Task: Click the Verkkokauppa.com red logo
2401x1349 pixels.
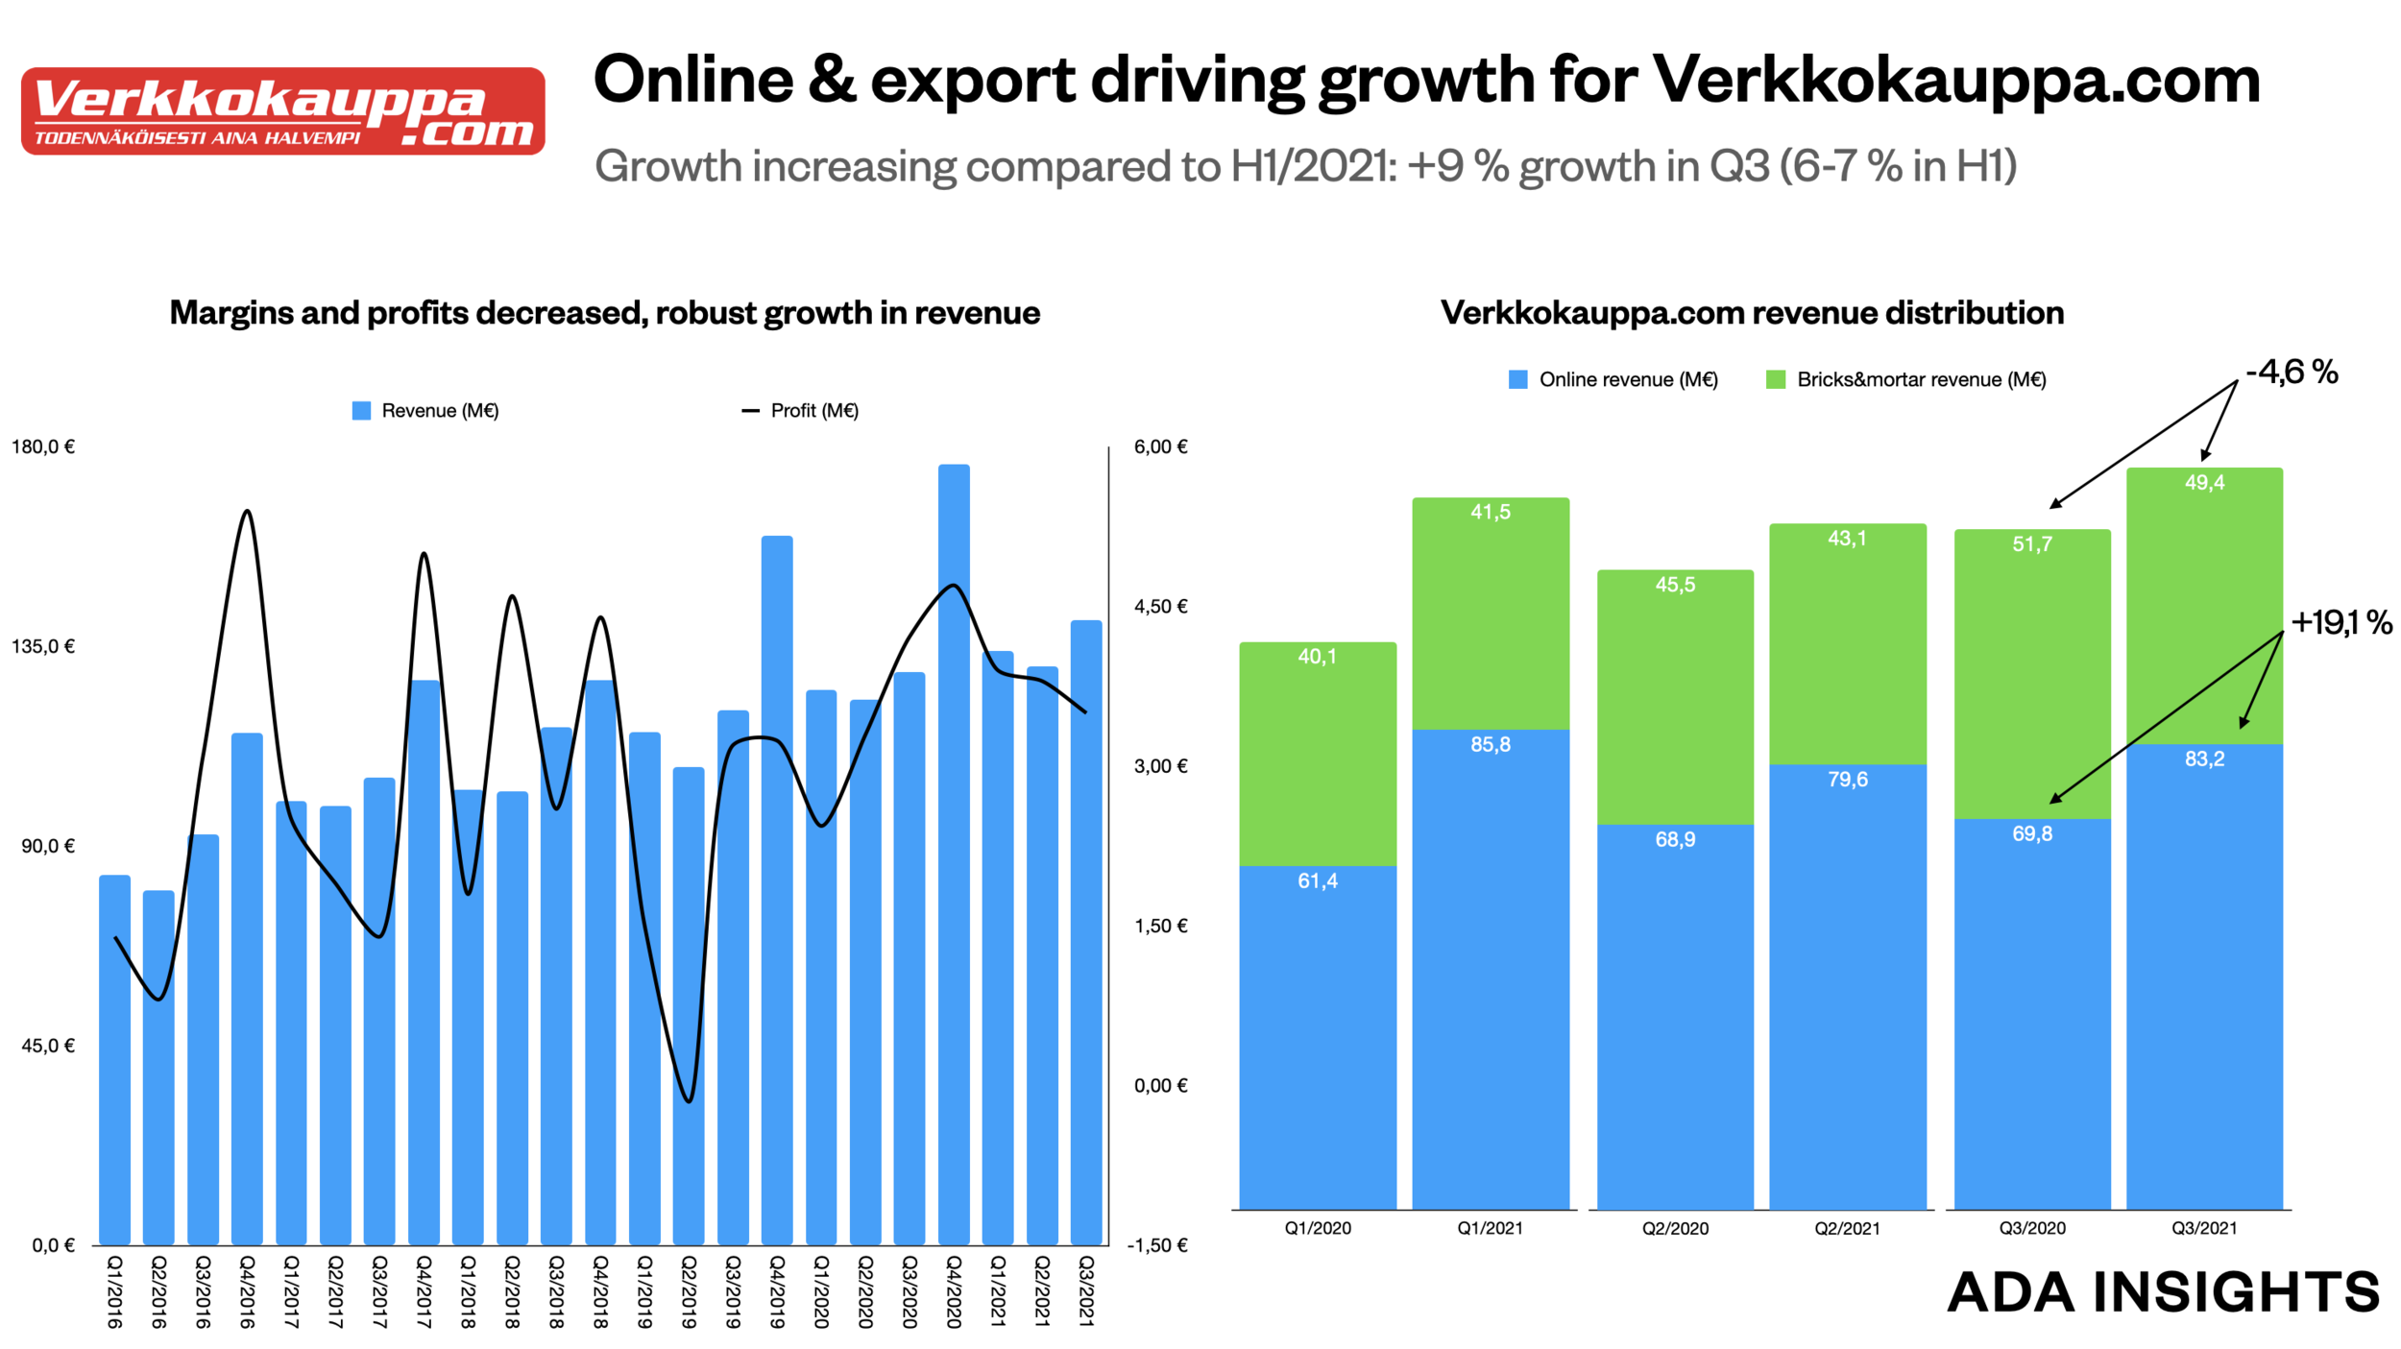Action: [x=282, y=110]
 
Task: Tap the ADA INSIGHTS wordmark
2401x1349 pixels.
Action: [x=2163, y=1291]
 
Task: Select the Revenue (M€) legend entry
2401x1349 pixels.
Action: [x=425, y=411]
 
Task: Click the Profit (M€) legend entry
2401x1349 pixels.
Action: [x=800, y=411]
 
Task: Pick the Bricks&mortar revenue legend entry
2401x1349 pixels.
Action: [x=1905, y=379]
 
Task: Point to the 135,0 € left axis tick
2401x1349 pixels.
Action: [x=43, y=646]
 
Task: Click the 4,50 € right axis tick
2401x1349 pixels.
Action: [x=1160, y=606]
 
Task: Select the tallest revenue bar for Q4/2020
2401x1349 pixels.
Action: [x=954, y=855]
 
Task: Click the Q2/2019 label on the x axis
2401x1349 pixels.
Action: [x=689, y=1291]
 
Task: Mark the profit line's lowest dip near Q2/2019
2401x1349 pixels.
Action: [x=689, y=1100]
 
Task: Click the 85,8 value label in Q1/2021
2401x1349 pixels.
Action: [x=1490, y=744]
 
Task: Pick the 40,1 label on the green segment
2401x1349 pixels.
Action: [x=1317, y=657]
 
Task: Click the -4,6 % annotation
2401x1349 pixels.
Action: [x=2291, y=373]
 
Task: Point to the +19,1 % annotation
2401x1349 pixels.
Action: [x=2341, y=623]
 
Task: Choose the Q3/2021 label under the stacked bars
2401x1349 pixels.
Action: [x=2204, y=1228]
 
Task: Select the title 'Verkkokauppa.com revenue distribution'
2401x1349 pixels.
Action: [x=1752, y=313]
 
